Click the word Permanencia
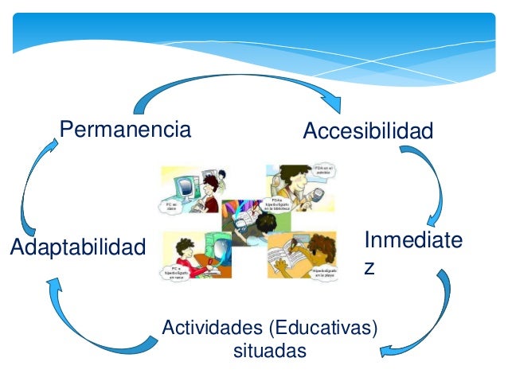pyautogui.click(x=126, y=129)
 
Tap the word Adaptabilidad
pyautogui.click(x=79, y=247)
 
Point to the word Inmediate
pyautogui.click(x=412, y=240)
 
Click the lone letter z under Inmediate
pyautogui.click(x=369, y=268)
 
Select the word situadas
pyautogui.click(x=269, y=350)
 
